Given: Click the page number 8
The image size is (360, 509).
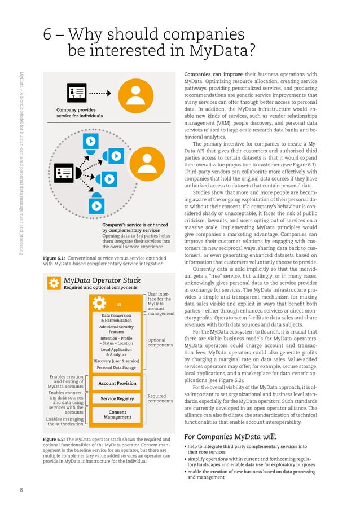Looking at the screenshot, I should tap(21, 489).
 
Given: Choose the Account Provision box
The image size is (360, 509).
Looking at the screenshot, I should tap(117, 383).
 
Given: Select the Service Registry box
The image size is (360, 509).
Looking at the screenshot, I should tap(117, 399).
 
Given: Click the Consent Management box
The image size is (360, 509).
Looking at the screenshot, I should tap(117, 415).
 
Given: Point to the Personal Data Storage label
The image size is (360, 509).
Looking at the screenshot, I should tap(116, 368).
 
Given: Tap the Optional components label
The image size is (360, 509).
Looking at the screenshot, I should tap(160, 343).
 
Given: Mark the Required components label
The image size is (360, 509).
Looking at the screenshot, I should tap(160, 398).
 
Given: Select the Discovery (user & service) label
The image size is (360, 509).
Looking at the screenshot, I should tap(116, 361).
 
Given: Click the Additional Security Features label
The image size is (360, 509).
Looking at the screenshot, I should tap(116, 330).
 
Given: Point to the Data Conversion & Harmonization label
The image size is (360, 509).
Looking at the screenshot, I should tap(116, 318).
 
